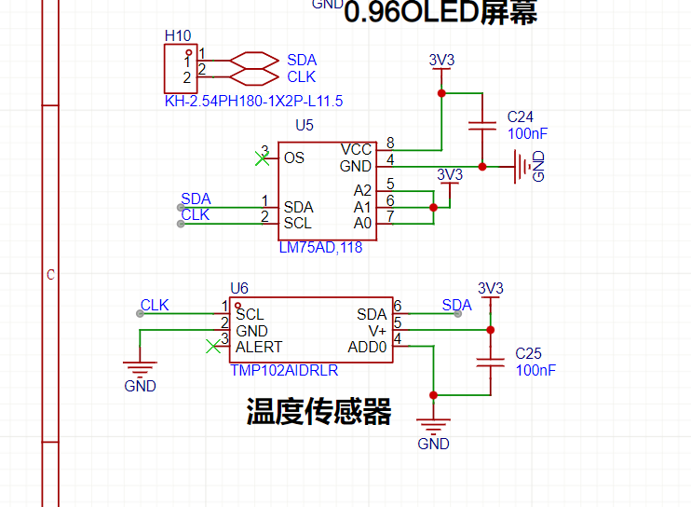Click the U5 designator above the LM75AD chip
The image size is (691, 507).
[305, 125]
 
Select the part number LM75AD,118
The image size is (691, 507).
[320, 248]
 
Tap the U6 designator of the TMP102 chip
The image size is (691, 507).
[239, 288]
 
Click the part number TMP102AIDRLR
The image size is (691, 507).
[284, 370]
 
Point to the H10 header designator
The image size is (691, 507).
[177, 35]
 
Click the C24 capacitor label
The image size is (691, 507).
[521, 117]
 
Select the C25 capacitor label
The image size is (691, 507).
[529, 354]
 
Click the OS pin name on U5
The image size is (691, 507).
[294, 158]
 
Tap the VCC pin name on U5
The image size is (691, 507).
[356, 149]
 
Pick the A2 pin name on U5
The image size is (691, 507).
[362, 190]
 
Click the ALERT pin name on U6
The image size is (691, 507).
[259, 347]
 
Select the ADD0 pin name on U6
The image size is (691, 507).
[367, 347]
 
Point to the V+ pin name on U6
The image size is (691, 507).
[377, 331]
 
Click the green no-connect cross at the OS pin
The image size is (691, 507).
[263, 157]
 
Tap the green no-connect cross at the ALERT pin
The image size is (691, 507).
[212, 347]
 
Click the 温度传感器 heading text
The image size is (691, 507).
[318, 411]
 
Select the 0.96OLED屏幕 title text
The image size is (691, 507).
[440, 13]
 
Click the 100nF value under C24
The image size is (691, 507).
[527, 133]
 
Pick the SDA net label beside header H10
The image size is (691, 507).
[302, 60]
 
